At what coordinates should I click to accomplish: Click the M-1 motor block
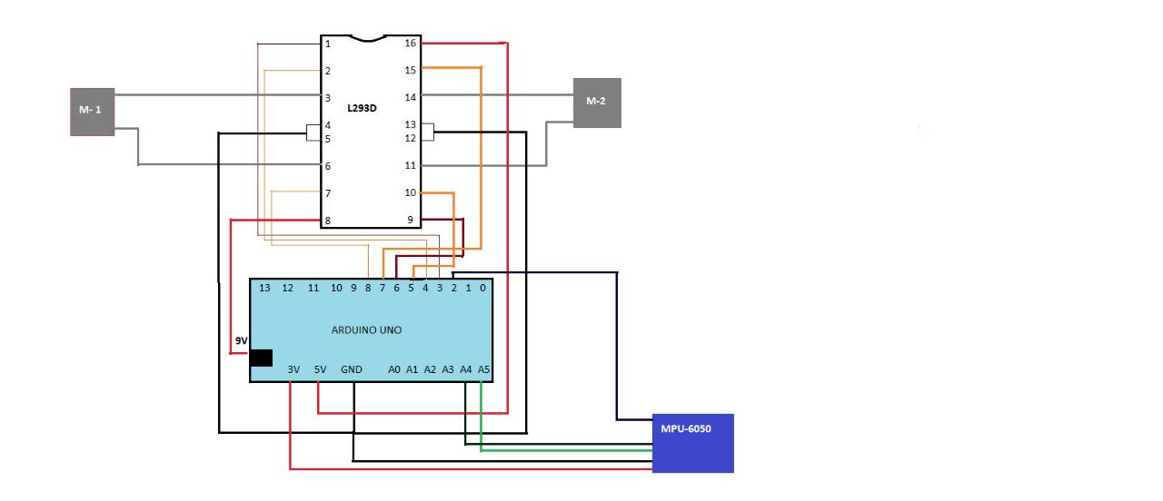click(92, 112)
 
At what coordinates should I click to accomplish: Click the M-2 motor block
click(597, 102)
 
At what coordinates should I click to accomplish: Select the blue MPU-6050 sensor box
click(692, 443)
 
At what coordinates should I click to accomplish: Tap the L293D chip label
click(362, 108)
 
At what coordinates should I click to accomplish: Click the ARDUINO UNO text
click(366, 330)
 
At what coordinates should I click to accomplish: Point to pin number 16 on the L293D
click(411, 44)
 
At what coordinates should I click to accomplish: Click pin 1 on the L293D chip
click(328, 44)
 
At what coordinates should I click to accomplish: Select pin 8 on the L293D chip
click(328, 221)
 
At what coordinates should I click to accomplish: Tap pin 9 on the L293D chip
click(411, 221)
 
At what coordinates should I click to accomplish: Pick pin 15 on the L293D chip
click(411, 70)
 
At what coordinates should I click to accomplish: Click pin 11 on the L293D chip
click(411, 166)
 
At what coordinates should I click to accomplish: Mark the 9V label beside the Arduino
click(241, 340)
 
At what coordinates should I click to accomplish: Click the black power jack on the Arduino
click(261, 358)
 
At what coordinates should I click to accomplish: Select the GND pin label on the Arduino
click(352, 370)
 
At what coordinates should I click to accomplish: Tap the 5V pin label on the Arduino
click(320, 370)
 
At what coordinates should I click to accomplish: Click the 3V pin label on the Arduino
click(293, 370)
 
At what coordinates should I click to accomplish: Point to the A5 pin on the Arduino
click(484, 370)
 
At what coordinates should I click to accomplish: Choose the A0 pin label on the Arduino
click(394, 370)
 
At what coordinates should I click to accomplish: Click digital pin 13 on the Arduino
click(265, 289)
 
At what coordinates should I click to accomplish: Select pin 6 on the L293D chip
click(328, 166)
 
